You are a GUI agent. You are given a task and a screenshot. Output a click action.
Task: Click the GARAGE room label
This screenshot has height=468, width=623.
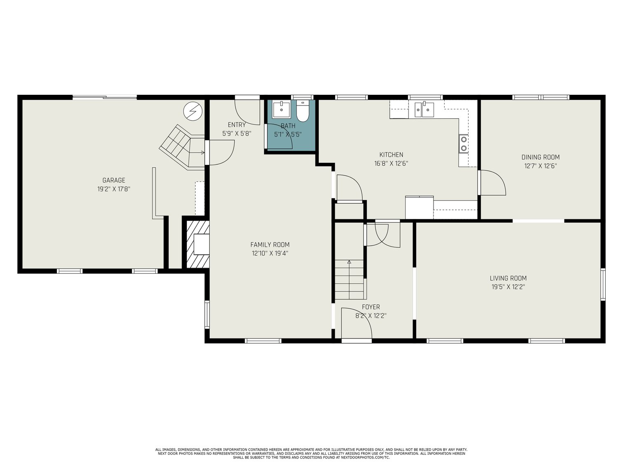(x=114, y=180)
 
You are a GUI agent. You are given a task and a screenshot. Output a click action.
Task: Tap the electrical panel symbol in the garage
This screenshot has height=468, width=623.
(x=193, y=111)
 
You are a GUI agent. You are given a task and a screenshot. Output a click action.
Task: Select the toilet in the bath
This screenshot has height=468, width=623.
(x=303, y=111)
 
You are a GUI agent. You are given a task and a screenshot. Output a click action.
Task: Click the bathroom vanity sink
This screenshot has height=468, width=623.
(x=281, y=109)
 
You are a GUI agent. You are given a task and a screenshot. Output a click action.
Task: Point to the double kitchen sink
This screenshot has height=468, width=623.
(x=424, y=109)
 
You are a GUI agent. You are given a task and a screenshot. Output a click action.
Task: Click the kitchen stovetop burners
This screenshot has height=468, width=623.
(x=464, y=143)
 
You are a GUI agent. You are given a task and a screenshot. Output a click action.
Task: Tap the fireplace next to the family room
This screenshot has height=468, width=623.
(x=198, y=244)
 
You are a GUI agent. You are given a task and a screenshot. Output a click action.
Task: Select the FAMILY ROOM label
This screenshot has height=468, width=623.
(x=270, y=245)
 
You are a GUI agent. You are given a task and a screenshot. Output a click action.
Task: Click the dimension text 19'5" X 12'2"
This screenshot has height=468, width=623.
(x=508, y=287)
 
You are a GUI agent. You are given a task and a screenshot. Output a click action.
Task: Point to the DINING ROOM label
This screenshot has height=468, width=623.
(x=540, y=157)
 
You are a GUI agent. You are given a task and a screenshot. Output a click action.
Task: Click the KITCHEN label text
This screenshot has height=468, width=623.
(x=391, y=155)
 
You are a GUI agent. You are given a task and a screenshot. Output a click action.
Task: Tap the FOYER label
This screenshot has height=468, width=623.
(x=371, y=307)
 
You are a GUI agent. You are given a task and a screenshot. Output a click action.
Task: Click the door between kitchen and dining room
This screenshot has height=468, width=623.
(x=492, y=182)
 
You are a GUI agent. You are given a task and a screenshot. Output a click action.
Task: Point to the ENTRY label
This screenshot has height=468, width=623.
(x=237, y=125)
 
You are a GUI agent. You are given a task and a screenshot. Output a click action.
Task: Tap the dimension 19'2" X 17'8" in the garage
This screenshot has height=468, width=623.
(x=114, y=189)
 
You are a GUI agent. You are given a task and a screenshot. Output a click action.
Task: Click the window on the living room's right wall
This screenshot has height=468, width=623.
(x=603, y=284)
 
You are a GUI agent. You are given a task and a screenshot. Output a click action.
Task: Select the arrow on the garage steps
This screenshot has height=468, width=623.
(x=197, y=153)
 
